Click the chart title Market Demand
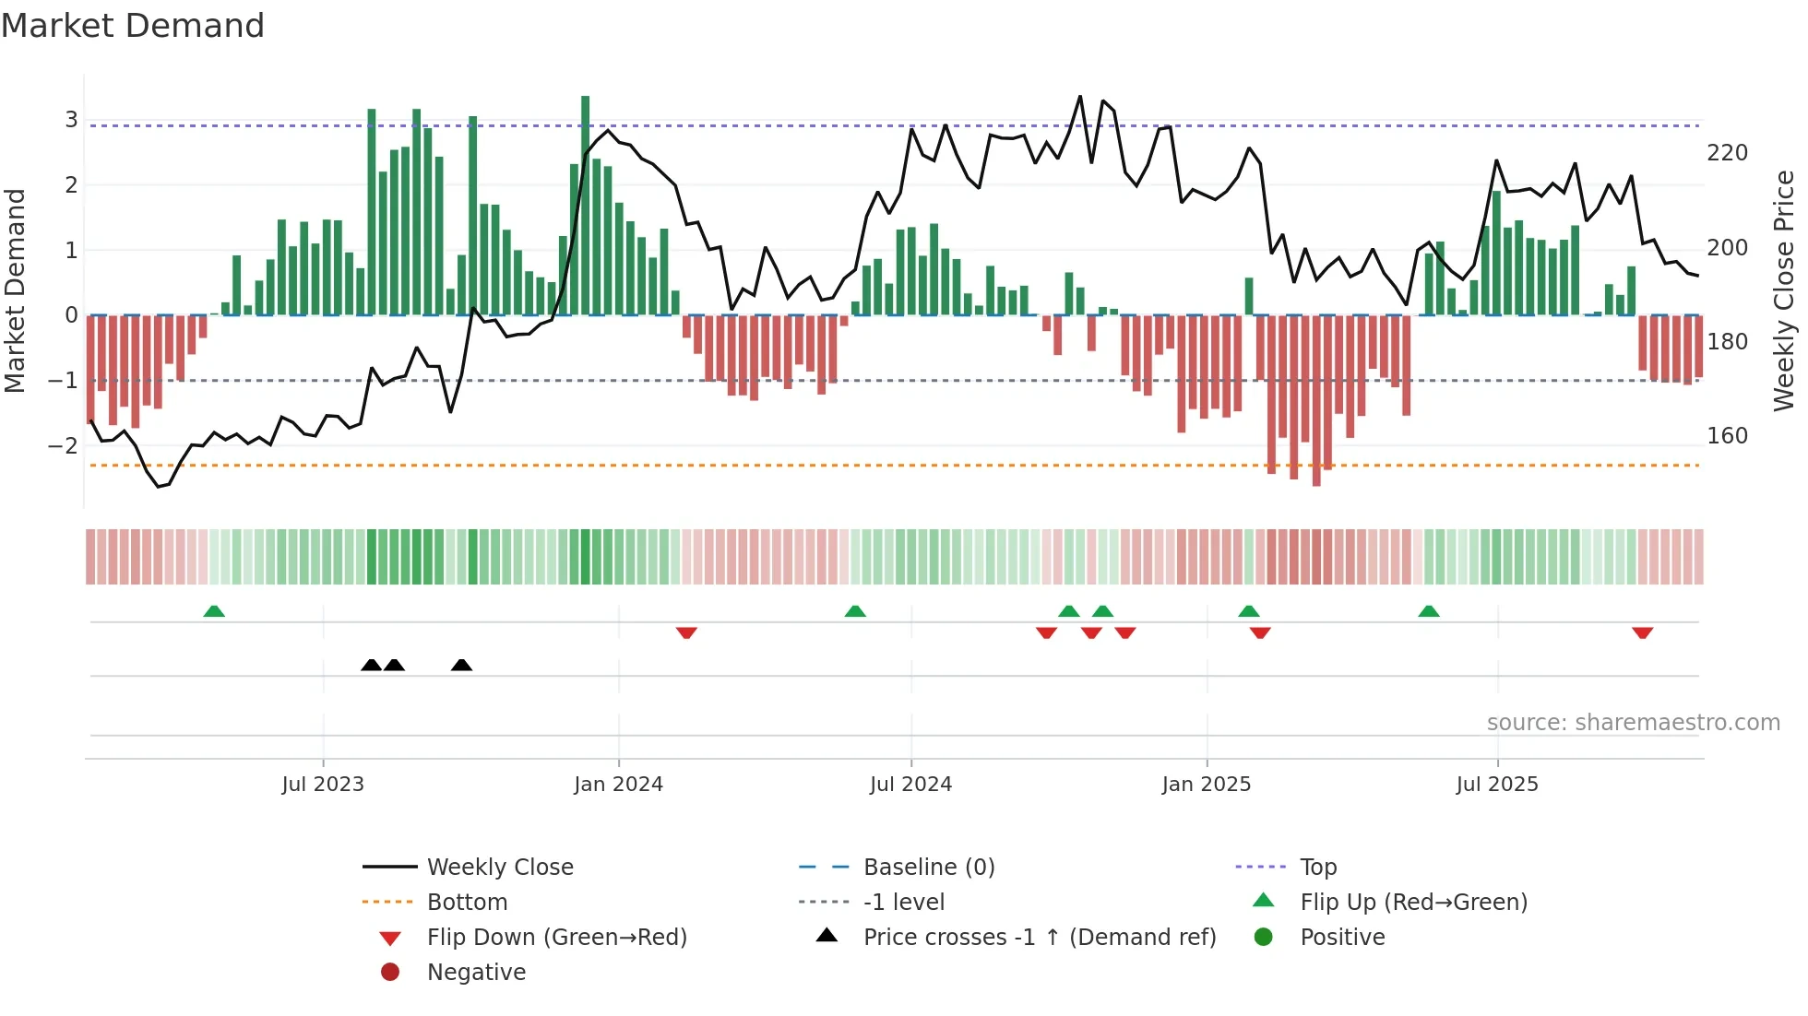(x=133, y=26)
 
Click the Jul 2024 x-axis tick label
(x=910, y=785)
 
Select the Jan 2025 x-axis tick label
(x=1206, y=785)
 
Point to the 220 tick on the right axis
(x=1727, y=153)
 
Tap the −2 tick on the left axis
(x=64, y=446)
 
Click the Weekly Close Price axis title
(x=1784, y=290)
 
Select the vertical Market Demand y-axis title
(x=15, y=290)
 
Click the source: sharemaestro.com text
(x=1633, y=723)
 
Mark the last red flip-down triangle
(x=1642, y=632)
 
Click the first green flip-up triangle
(x=214, y=611)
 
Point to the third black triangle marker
(x=461, y=665)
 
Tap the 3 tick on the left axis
(x=71, y=120)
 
